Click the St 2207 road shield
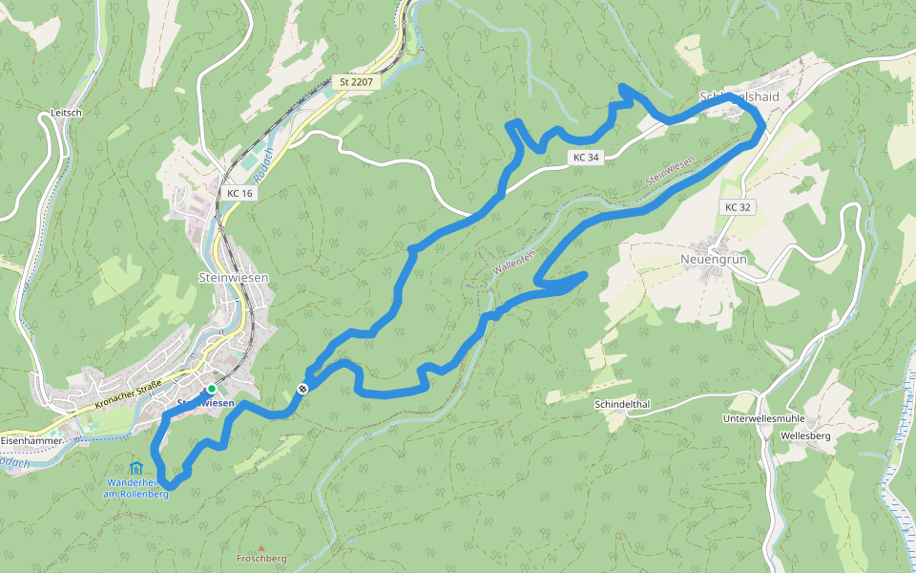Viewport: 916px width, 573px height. [x=355, y=82]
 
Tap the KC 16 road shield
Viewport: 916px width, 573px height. [x=239, y=193]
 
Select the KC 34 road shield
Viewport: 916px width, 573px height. [x=586, y=157]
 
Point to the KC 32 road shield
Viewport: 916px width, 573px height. [x=738, y=207]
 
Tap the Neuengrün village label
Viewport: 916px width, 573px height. [x=712, y=259]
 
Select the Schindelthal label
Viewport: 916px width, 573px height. [x=621, y=405]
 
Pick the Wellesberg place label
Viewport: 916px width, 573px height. [x=805, y=435]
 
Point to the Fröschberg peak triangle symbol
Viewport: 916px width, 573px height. [x=260, y=547]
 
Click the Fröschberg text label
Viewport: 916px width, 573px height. [x=260, y=559]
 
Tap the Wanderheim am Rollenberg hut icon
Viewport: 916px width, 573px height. [x=135, y=468]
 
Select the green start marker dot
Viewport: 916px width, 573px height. [x=211, y=389]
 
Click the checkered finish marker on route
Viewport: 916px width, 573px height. [x=302, y=388]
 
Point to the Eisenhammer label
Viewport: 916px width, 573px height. [x=31, y=441]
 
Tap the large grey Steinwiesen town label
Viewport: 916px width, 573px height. [x=233, y=277]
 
